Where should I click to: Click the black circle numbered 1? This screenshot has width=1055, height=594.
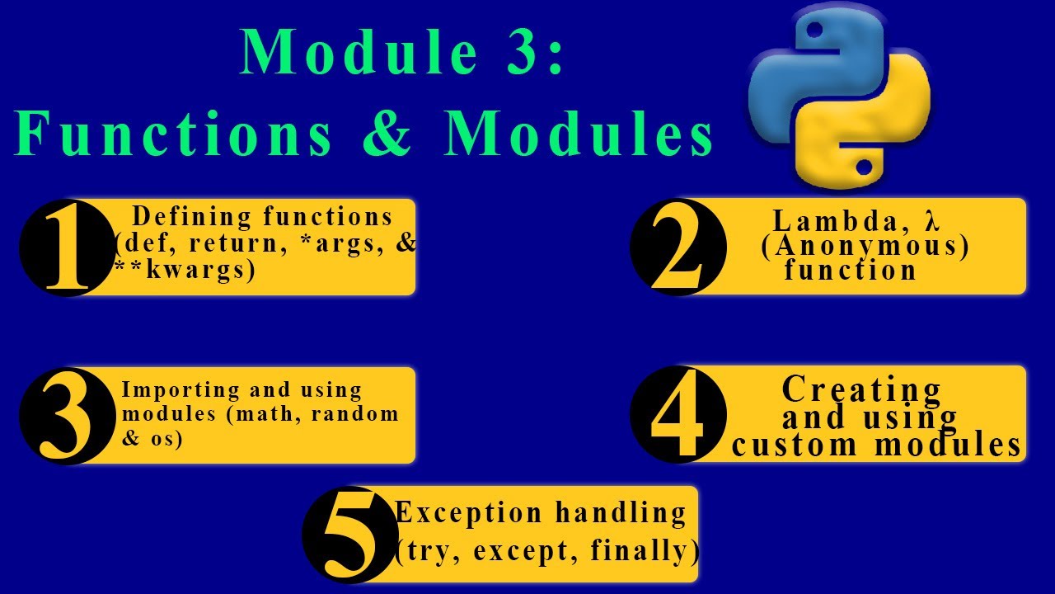click(66, 247)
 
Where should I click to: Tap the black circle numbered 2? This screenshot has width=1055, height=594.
click(678, 247)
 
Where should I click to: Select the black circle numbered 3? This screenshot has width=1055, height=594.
click(66, 416)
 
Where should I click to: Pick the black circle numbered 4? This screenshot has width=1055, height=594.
click(678, 415)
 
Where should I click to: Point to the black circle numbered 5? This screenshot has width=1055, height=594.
click(350, 534)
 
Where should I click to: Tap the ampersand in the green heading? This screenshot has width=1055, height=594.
click(387, 133)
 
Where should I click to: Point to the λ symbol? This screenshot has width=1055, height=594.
click(932, 221)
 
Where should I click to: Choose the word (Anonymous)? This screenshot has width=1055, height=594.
click(865, 246)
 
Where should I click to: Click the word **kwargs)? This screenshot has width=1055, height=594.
click(185, 270)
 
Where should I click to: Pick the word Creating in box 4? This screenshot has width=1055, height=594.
click(861, 389)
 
